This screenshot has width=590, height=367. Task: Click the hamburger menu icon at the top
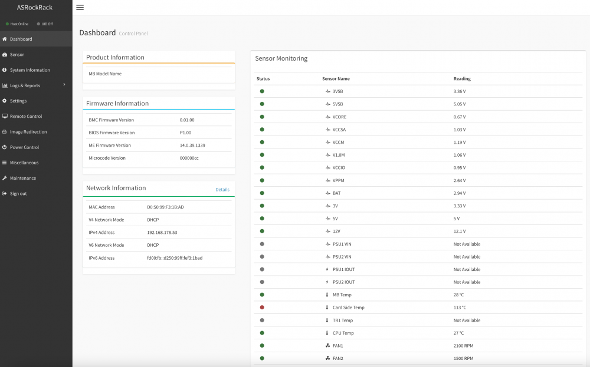pos(80,8)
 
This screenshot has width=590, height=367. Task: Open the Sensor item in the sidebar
pos(17,54)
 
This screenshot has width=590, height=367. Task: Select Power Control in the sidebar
pos(24,147)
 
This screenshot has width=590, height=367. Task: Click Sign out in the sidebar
pos(18,193)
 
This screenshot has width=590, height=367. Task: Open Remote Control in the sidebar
pos(26,116)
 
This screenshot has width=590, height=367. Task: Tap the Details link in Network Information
pos(222,190)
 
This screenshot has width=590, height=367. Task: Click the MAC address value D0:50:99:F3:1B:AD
pos(165,207)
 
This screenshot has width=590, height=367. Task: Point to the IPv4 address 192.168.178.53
pos(162,233)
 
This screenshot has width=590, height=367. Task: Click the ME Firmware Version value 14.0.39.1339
pos(192,146)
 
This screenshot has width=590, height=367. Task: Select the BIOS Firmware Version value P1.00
pos(185,133)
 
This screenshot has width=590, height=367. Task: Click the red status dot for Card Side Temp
pos(262,308)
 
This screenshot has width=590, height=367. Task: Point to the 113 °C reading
pos(460,308)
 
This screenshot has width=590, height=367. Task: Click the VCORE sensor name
pos(339,117)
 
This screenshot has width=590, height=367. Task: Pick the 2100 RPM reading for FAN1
pos(463,346)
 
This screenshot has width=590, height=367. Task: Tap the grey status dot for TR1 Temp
pos(262,320)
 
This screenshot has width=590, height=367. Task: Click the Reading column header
pos(462,78)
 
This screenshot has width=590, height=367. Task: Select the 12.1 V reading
pos(460,232)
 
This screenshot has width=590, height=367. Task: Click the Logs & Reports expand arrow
pos(64,84)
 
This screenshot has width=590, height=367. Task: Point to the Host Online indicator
pos(17,24)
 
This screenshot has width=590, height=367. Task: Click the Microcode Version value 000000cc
pos(189,158)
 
